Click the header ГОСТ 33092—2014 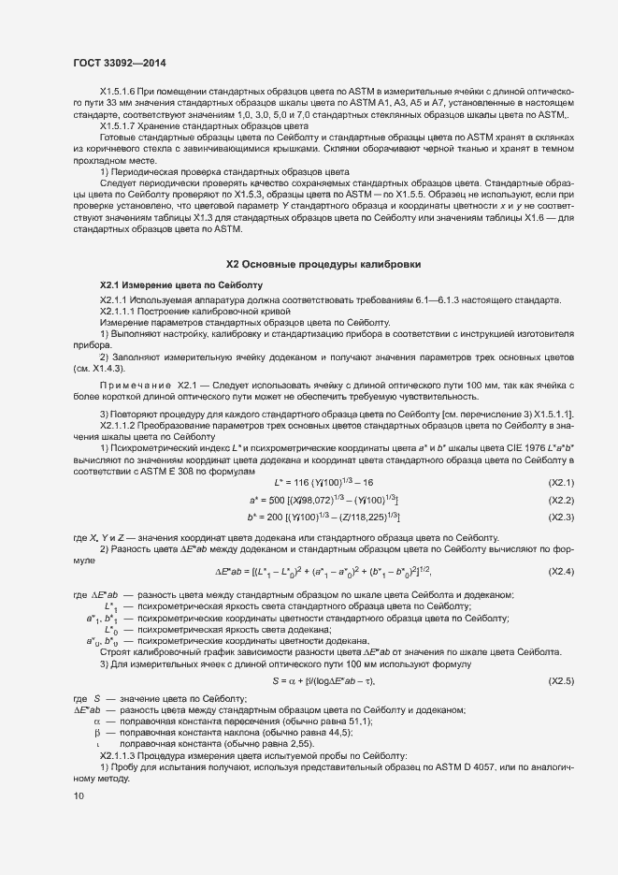click(x=120, y=63)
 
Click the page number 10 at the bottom click(x=79, y=796)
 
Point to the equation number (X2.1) click(x=560, y=482)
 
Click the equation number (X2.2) click(x=560, y=500)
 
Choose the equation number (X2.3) click(x=560, y=517)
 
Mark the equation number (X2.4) click(x=560, y=571)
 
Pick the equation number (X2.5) click(x=560, y=680)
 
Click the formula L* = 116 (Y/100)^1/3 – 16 click(x=323, y=482)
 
